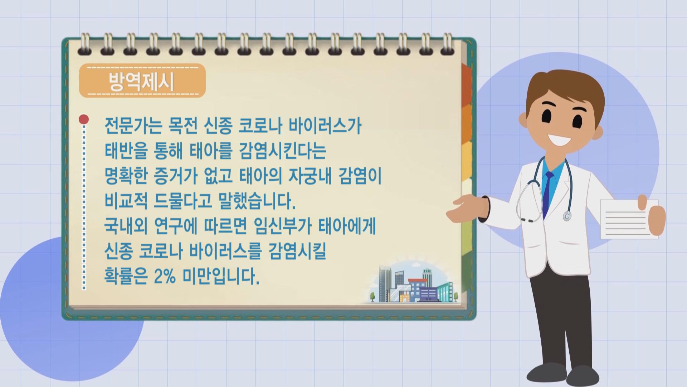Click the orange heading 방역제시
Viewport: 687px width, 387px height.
pyautogui.click(x=142, y=82)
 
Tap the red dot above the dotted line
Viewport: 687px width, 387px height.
pyautogui.click(x=84, y=119)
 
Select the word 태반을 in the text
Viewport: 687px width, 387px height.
pyautogui.click(x=126, y=151)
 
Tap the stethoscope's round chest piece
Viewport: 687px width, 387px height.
pyautogui.click(x=567, y=216)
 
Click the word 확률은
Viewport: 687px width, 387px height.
pyautogui.click(x=126, y=277)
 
